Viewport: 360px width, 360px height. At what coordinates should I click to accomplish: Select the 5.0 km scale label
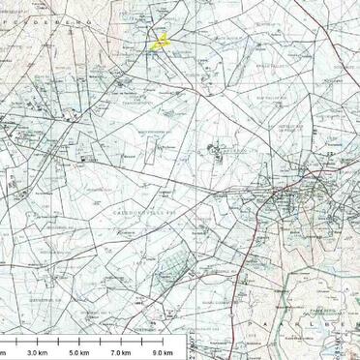pos(79,351)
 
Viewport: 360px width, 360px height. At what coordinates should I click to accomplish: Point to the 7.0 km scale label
pos(121,351)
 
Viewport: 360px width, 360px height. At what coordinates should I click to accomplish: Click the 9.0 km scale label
pos(163,351)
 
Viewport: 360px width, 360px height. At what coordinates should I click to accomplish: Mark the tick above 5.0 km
pos(80,342)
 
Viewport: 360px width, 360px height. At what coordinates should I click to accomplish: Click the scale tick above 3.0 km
pos(38,342)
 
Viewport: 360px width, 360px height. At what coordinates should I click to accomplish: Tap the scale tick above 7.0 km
pos(122,342)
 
